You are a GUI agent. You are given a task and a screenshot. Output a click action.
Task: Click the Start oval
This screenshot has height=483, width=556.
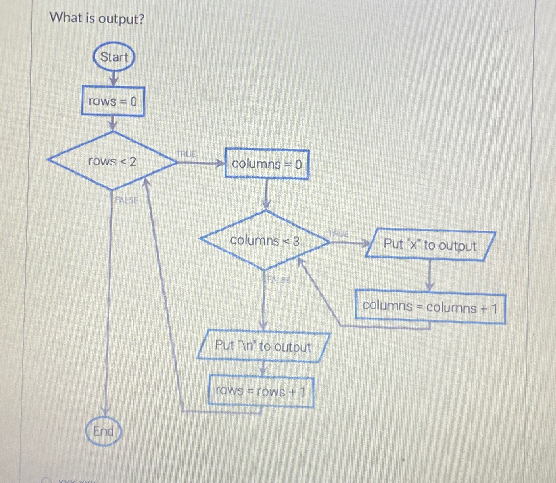coord(114,57)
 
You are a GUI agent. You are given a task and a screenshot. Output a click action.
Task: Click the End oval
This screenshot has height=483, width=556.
coord(104,431)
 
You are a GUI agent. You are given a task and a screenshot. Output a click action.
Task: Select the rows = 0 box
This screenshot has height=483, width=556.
coord(113,101)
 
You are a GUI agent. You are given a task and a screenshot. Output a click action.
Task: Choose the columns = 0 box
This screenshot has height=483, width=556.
coord(267,164)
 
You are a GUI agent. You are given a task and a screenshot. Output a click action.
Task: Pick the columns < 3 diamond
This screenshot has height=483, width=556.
coord(265,241)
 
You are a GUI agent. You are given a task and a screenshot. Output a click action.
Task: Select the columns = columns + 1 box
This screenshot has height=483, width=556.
coord(430,307)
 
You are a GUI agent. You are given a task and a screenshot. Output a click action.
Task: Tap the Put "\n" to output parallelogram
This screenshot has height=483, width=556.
coord(263,347)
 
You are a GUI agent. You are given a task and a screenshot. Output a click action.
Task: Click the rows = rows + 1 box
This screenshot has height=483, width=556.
coord(261,391)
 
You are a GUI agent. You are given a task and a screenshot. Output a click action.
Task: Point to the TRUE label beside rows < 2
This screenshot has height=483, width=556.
coord(186,154)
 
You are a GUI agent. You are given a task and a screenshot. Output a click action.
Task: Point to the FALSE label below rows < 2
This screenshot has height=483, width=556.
coord(127,200)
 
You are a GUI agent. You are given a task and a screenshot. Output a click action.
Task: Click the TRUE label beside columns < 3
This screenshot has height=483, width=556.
coord(339,234)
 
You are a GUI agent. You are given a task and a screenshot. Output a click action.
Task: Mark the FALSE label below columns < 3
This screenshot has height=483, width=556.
coord(279,280)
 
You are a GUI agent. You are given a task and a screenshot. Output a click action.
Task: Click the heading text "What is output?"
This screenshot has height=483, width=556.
coord(97,19)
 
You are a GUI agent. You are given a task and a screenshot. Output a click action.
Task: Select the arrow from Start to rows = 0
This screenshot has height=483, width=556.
coord(114,78)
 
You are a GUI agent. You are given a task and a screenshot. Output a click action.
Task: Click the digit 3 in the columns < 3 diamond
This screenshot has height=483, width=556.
coord(296,241)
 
